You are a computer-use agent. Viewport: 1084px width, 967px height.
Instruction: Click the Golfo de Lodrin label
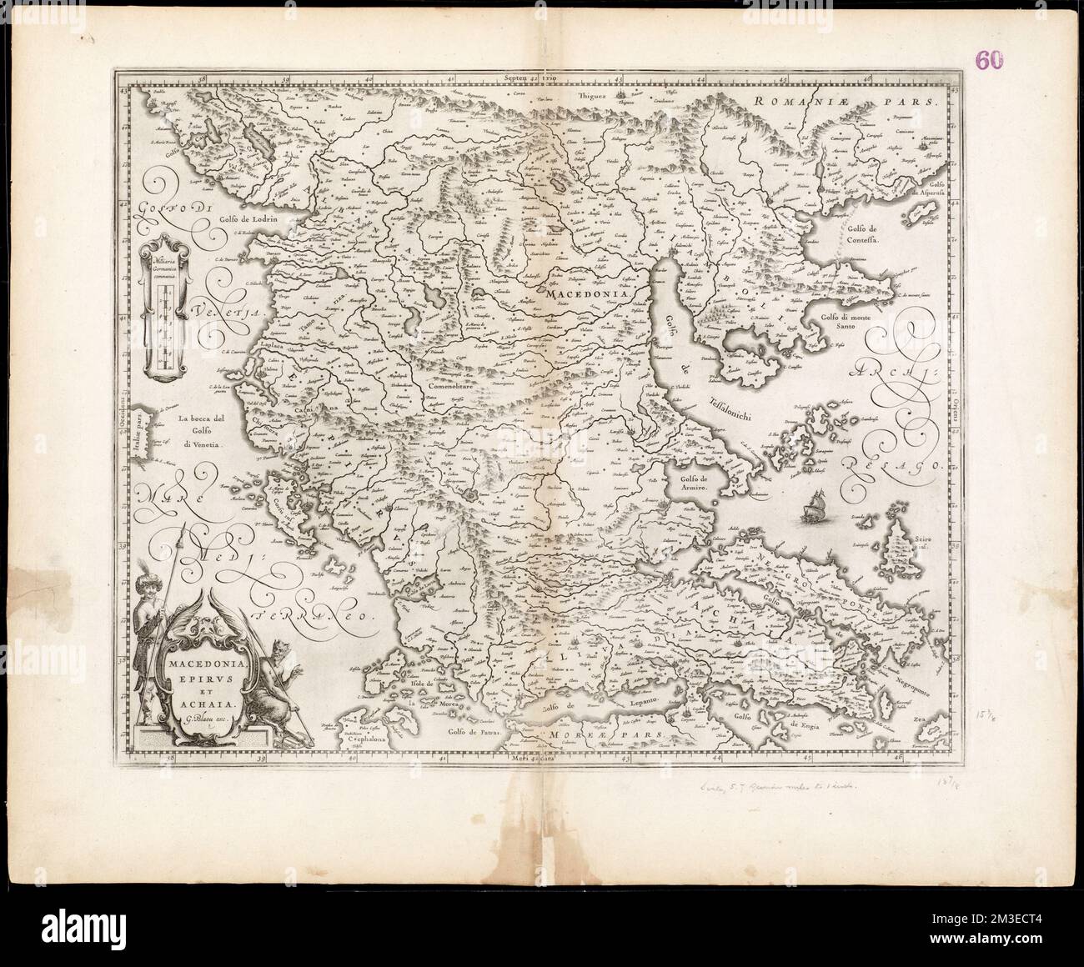point(248,218)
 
